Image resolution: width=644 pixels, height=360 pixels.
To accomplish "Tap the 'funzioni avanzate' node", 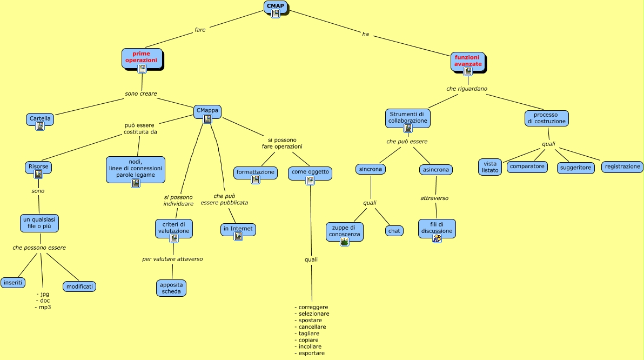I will (468, 61).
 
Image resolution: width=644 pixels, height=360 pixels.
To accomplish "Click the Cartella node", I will (40, 119).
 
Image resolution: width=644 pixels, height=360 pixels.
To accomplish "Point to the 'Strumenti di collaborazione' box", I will (408, 118).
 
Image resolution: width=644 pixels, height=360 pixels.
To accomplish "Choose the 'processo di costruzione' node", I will (546, 118).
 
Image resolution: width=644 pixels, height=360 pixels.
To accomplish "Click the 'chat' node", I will (394, 231).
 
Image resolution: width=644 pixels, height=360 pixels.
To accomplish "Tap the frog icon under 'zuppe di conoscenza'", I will (345, 242).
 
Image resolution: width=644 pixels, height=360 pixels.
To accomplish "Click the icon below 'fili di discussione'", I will (437, 238).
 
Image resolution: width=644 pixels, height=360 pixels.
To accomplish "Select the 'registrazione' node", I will (622, 167).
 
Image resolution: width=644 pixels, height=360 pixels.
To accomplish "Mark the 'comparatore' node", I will (527, 166).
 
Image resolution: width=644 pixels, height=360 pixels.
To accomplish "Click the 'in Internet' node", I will (238, 229).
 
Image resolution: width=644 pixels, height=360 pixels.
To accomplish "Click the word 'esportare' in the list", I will (311, 353).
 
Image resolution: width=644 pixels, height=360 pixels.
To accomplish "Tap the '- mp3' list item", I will (43, 307).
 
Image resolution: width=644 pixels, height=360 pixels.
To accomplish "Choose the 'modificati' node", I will (79, 286).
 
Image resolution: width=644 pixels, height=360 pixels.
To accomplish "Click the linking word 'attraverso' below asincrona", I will (434, 198).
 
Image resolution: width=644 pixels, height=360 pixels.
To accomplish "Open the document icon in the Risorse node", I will (38, 174).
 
